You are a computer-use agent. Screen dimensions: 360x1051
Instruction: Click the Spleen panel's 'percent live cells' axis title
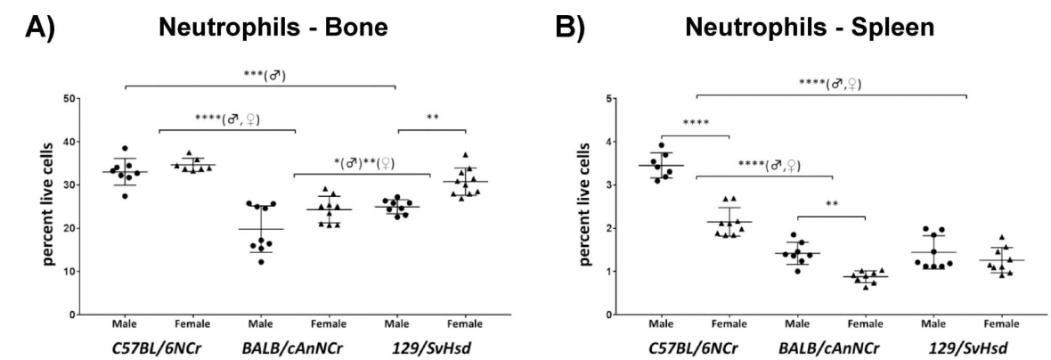584,205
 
